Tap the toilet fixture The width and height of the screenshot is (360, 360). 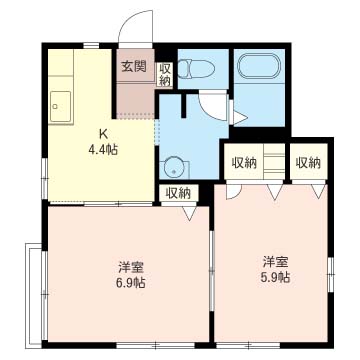coord(195,69)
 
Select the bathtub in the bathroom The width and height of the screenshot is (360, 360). coord(259,66)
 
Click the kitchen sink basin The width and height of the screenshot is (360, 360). coord(60,107)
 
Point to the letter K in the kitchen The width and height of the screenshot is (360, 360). coord(103,134)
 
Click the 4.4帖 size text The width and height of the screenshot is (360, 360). coord(103,150)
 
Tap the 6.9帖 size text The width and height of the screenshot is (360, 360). coord(131,283)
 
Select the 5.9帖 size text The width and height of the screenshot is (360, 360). coord(275,277)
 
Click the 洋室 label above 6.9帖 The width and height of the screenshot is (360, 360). coord(131,267)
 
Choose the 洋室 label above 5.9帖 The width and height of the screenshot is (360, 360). coord(275,262)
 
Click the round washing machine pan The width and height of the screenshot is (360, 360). coord(174,168)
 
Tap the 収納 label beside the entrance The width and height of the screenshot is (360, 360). coord(165,75)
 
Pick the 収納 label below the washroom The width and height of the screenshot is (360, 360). coord(178,193)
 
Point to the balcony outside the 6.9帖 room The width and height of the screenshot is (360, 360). coord(34,296)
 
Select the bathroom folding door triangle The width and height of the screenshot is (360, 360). coord(239,117)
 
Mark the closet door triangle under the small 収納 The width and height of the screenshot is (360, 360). coord(190,213)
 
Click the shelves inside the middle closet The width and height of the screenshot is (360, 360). coord(274,161)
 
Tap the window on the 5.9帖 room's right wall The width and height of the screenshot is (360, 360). coord(330,274)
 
